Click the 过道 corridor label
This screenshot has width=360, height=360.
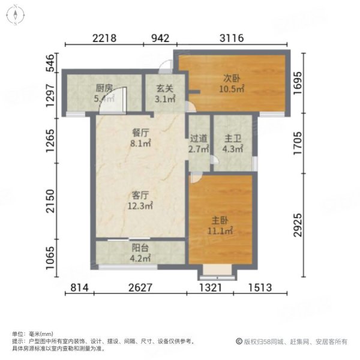pos(198,138)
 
